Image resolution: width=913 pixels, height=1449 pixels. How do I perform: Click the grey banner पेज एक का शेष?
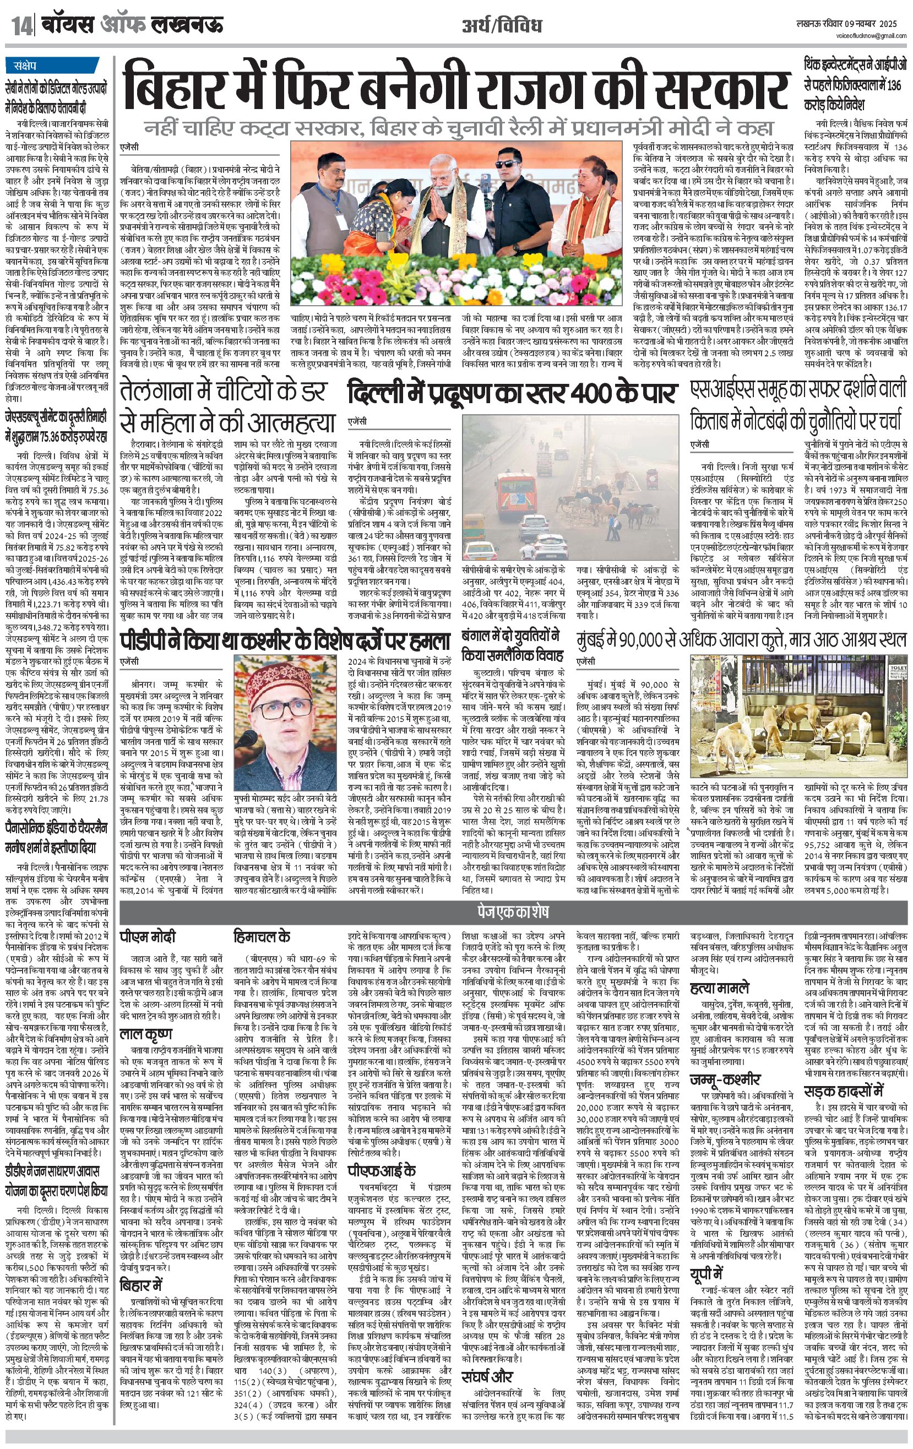click(x=513, y=911)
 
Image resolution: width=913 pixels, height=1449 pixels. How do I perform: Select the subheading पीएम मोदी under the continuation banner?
click(x=148, y=937)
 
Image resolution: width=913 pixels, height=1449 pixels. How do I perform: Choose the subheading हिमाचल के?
click(x=262, y=937)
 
